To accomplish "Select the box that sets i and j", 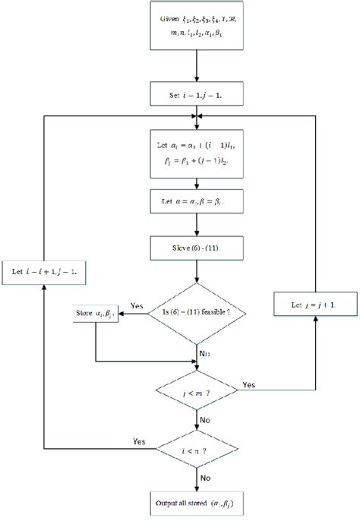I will coord(197,97).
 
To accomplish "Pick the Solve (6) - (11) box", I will coord(197,248).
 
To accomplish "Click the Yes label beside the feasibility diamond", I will coord(137,305).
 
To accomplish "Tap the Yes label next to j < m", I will coord(248,386).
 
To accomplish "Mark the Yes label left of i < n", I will coord(140,441).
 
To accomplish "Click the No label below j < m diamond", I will coord(205,418).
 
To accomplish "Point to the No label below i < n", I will coord(205,478).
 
